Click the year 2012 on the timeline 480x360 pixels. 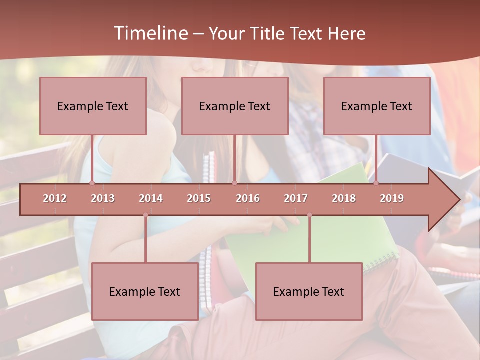[55, 198]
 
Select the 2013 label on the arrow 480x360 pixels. [103, 198]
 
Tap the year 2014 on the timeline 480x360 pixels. [151, 198]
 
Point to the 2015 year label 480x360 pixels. [199, 198]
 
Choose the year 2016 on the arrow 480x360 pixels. [248, 198]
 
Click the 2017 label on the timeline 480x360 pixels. [296, 198]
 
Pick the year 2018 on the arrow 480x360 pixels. [344, 198]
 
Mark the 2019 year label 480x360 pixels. [392, 198]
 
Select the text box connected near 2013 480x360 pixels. [93, 106]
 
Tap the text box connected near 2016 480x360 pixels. [235, 106]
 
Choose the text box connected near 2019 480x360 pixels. [377, 106]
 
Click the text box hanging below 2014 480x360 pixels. [145, 291]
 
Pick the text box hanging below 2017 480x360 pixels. [309, 291]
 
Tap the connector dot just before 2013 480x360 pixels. [92, 183]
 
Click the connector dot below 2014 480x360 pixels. [145, 215]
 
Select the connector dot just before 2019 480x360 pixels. [376, 183]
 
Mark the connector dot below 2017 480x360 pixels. [309, 215]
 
